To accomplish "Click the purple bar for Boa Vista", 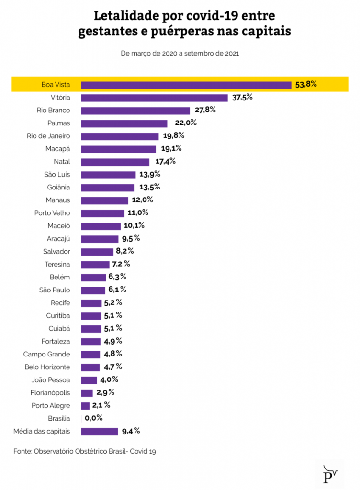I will (x=186, y=85).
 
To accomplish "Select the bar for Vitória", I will (x=154, y=98).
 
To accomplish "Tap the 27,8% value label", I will (x=205, y=110).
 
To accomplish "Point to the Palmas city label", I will (x=58, y=123).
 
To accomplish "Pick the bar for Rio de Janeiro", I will (x=120, y=136).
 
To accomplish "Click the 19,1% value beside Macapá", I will (x=171, y=148).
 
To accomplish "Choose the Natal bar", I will (x=115, y=162).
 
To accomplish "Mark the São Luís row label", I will (x=56, y=175).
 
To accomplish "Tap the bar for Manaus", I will (x=104, y=200).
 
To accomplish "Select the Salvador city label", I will (x=56, y=251).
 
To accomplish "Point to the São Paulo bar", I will (x=93, y=290).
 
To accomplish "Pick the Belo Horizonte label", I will (x=47, y=367).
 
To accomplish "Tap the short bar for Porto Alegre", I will (x=85, y=406).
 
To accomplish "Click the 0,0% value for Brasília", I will (x=93, y=418).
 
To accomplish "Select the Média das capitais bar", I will (x=100, y=431).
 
